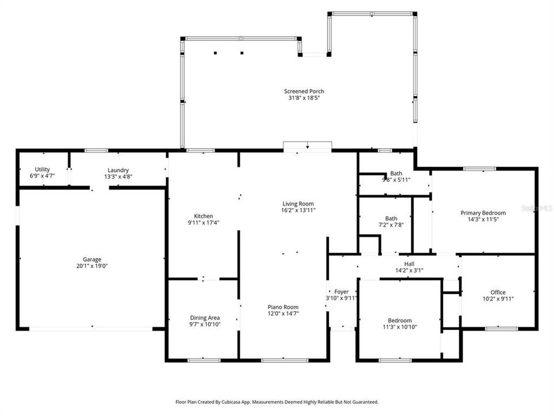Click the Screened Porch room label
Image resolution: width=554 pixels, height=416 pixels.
click(304, 91)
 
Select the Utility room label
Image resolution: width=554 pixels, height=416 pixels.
click(42, 170)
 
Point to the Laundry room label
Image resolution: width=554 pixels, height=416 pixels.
click(117, 170)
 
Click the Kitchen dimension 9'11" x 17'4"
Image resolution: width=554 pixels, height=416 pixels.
click(203, 222)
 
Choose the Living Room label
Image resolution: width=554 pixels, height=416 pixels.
click(298, 203)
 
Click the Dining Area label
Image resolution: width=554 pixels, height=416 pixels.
click(205, 318)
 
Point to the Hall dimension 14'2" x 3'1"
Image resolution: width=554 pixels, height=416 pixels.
click(409, 270)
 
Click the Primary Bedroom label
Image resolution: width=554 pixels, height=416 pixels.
click(483, 213)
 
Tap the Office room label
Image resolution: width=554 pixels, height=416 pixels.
click(498, 292)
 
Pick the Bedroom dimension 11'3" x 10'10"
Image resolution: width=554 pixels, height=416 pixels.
click(399, 327)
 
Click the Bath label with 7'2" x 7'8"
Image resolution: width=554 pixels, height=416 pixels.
click(391, 218)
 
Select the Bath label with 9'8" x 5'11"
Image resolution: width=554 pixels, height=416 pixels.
click(396, 173)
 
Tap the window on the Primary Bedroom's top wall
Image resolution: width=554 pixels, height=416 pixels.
click(480, 169)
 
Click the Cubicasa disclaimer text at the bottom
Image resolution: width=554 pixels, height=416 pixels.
click(277, 402)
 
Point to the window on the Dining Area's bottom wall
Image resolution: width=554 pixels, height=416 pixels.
click(204, 361)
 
